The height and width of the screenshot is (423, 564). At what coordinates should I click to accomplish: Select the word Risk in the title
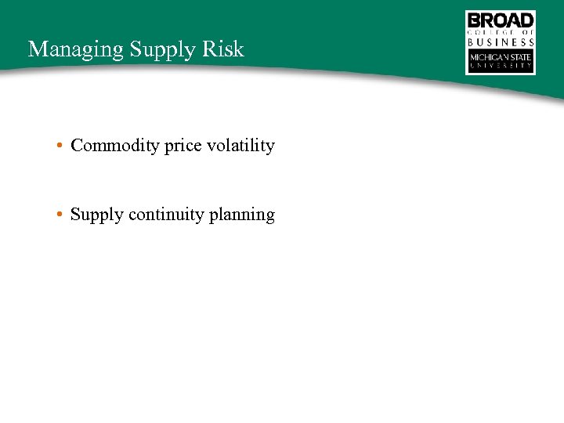[226, 49]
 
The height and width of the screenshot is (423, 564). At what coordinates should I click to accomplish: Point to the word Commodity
[115, 146]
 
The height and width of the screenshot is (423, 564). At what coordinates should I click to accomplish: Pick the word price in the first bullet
[181, 146]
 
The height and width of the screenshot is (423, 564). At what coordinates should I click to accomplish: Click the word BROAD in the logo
[501, 20]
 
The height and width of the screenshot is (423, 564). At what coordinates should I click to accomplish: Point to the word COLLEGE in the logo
[492, 32]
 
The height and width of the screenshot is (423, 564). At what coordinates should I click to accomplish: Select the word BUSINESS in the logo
[501, 42]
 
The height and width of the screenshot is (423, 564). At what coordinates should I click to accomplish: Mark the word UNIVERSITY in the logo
[501, 67]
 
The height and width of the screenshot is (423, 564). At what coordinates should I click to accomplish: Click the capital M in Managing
[35, 49]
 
